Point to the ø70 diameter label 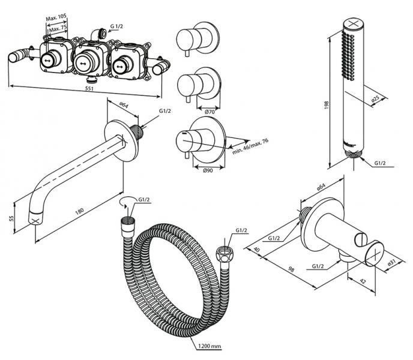pyautogui.click(x=210, y=112)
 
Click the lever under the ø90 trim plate pyautogui.click(x=188, y=157)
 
